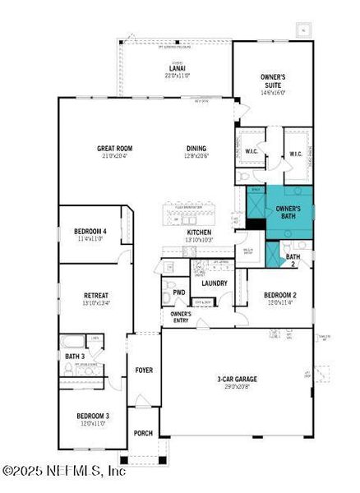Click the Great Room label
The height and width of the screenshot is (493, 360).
tap(114, 149)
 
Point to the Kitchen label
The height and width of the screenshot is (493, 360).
tap(200, 233)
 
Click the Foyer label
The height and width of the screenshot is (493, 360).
tap(144, 370)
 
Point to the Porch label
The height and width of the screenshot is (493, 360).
tap(144, 434)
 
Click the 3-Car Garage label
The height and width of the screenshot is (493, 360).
tap(237, 379)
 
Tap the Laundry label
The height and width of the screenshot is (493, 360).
tap(214, 283)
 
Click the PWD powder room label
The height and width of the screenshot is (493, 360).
tap(178, 292)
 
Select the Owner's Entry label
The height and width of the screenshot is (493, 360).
tap(180, 316)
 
